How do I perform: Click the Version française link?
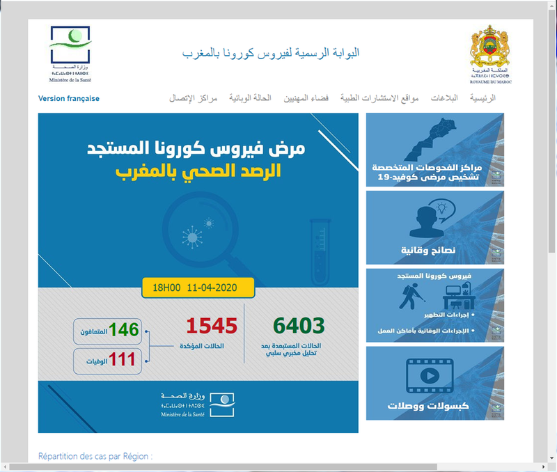(x=68, y=99)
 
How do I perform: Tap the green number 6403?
(x=299, y=326)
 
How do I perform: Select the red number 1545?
(x=212, y=326)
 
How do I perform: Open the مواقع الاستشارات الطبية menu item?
(x=379, y=98)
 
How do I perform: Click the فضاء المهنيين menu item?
(x=306, y=98)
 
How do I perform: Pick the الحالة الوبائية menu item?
(x=250, y=98)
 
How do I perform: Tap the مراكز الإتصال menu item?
(x=194, y=98)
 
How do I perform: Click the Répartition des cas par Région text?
(x=95, y=457)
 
